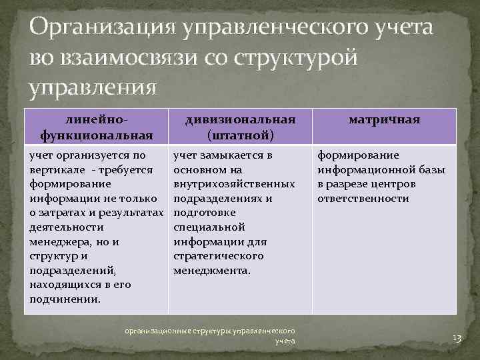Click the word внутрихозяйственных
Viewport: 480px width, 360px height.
(x=234, y=184)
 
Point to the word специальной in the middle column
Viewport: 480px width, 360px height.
(x=209, y=227)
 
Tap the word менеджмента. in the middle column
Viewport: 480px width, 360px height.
(x=212, y=271)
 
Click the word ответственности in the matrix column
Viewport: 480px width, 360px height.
(x=363, y=199)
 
